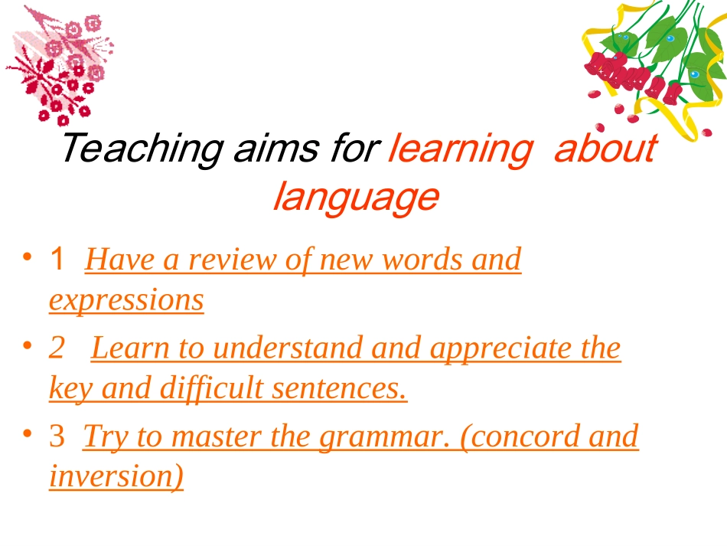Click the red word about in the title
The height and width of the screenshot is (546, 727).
point(605,148)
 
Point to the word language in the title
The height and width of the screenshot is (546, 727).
point(356,197)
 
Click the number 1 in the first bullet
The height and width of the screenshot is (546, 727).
point(57,260)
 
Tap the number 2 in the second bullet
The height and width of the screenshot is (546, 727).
point(57,348)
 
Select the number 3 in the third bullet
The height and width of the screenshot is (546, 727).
point(57,436)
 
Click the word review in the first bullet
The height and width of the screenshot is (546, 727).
point(233,260)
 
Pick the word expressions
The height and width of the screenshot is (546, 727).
point(126,299)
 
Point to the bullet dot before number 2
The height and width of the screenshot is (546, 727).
point(28,346)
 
